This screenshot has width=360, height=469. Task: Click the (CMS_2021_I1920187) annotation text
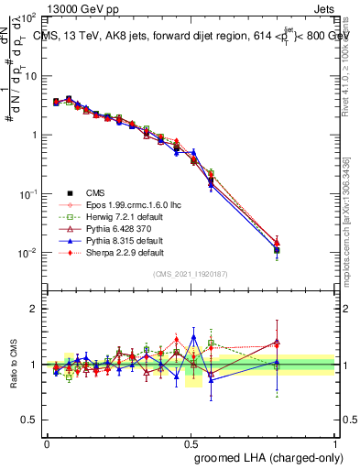191,272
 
